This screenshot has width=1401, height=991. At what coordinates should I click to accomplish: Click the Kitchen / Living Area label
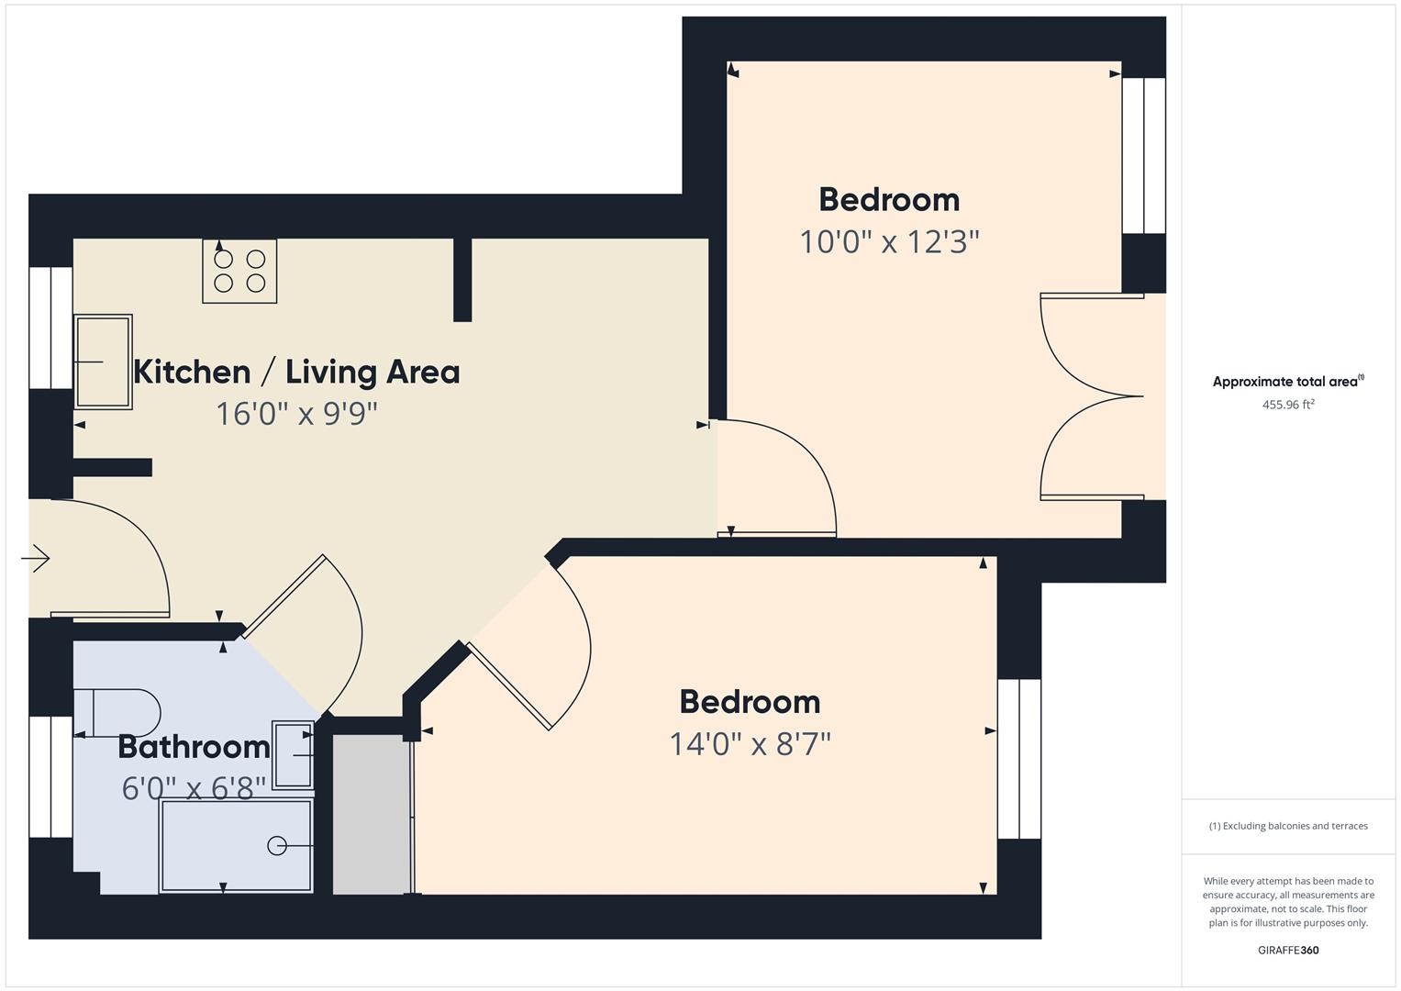click(x=296, y=373)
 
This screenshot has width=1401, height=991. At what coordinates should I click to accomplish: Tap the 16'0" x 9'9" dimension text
click(x=296, y=414)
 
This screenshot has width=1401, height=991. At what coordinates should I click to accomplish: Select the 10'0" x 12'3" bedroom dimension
click(x=889, y=241)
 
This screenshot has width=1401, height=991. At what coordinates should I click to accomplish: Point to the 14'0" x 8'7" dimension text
click(x=750, y=744)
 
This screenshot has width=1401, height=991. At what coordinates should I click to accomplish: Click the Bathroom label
click(x=194, y=747)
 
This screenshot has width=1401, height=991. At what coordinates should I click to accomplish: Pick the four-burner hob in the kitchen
click(x=239, y=271)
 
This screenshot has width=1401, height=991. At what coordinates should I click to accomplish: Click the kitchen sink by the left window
click(x=103, y=362)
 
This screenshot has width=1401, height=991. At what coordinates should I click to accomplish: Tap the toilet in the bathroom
click(x=117, y=713)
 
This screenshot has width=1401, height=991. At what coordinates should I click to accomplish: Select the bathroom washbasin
click(x=293, y=755)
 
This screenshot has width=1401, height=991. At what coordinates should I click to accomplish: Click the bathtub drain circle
click(x=276, y=846)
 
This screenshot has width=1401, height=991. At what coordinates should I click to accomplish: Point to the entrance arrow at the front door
click(x=36, y=558)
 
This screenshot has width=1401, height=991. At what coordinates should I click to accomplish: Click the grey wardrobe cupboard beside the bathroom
click(x=372, y=814)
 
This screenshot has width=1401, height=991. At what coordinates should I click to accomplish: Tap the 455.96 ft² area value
click(x=1288, y=404)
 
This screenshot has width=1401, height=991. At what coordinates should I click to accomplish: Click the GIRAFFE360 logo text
click(x=1288, y=950)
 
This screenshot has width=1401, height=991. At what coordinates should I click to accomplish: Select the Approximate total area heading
click(x=1288, y=381)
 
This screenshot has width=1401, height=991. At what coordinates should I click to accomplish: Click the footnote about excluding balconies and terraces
click(x=1288, y=826)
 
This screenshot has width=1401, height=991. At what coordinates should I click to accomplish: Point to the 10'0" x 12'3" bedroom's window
click(x=1144, y=155)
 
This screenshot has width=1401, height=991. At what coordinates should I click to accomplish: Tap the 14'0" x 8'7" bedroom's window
click(x=1019, y=759)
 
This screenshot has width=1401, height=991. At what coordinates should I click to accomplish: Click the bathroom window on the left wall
click(x=51, y=776)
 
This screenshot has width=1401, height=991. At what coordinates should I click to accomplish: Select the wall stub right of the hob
click(x=462, y=280)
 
